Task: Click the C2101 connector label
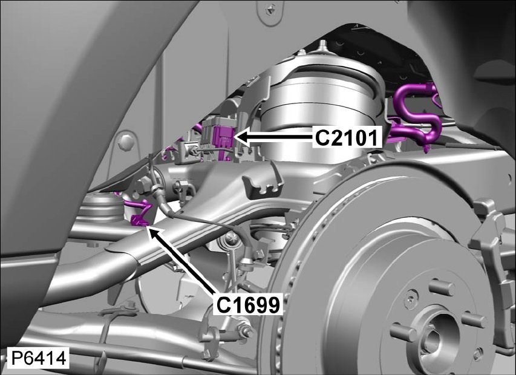pyautogui.click(x=347, y=138)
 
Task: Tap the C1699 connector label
pyautogui.click(x=248, y=305)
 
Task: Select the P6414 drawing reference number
pyautogui.click(x=39, y=359)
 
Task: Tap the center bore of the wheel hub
pyautogui.click(x=434, y=336)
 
